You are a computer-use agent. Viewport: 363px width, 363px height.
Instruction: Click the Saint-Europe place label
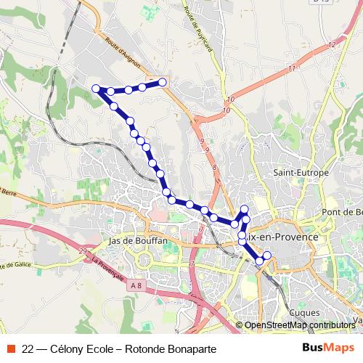301,173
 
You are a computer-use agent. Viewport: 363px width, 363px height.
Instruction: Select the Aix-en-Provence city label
282,237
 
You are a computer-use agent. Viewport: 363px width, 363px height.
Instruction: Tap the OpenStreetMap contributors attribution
299,325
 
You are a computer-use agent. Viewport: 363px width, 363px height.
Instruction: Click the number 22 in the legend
28,348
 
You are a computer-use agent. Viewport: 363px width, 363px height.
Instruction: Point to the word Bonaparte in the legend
192,348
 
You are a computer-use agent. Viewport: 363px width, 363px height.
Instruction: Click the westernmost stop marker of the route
96,89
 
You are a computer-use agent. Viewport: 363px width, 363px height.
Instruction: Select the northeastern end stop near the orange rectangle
163,82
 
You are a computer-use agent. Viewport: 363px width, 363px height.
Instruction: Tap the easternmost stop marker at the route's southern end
267,255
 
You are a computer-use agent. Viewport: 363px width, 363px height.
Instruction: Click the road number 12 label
332,45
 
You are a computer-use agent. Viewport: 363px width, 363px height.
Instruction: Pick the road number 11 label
292,68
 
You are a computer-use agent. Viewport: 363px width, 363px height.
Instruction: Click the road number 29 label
84,251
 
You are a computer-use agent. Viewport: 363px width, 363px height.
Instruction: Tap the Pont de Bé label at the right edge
343,211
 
